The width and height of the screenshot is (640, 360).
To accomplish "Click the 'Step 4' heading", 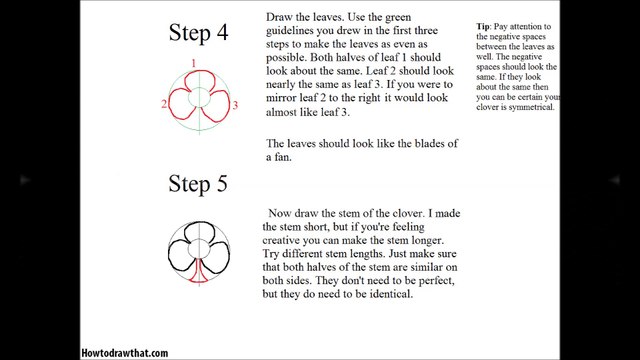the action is click(x=198, y=33).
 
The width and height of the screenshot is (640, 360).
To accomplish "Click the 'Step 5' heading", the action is click(x=198, y=184).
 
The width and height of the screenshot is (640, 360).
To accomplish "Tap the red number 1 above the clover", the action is click(x=193, y=63).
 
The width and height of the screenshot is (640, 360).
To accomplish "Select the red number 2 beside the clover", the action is click(x=164, y=104).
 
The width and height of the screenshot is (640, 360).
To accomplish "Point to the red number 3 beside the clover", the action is click(x=235, y=105).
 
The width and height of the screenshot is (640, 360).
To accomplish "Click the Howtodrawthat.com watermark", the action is click(x=124, y=353).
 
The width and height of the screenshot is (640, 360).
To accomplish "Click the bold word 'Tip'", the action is click(x=482, y=27).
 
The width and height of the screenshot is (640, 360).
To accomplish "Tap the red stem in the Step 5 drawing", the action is click(x=199, y=271).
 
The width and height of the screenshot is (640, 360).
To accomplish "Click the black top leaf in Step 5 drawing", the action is click(x=199, y=223).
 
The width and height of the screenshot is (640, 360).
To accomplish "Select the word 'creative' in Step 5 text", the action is click(x=282, y=240).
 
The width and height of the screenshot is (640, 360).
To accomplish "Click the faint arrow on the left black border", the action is click(x=25, y=180).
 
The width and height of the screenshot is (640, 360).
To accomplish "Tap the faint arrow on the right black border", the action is click(x=615, y=180).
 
